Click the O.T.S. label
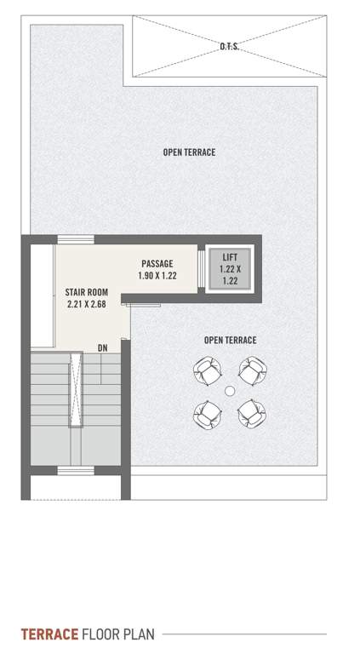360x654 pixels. click(229, 48)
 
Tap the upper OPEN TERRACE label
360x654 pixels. click(189, 152)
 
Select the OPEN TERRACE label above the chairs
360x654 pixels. click(230, 341)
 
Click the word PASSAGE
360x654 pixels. click(157, 264)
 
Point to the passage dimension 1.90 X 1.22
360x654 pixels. click(157, 276)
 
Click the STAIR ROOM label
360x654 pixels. click(87, 292)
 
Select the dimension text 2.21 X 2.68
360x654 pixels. click(87, 304)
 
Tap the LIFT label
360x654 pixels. click(231, 257)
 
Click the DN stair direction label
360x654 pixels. click(102, 347)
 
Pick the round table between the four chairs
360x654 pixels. click(229, 391)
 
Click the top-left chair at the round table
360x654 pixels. click(207, 370)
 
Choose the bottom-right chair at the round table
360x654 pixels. click(251, 413)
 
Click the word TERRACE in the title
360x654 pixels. click(50, 634)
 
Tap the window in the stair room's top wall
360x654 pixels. click(75, 239)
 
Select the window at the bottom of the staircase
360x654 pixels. click(75, 471)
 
